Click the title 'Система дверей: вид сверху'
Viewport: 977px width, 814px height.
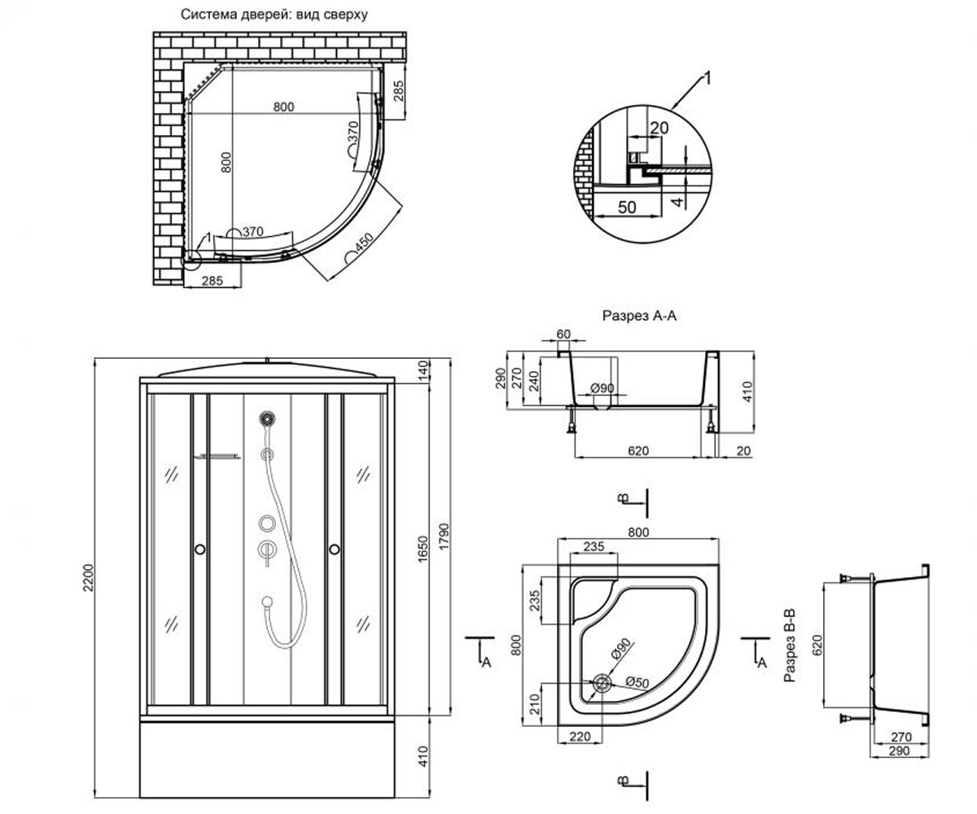[274, 15]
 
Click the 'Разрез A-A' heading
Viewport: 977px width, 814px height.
[639, 316]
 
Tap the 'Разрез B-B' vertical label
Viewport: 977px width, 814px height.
[790, 646]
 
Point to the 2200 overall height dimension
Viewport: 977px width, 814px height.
[89, 578]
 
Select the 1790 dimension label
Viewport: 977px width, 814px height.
[444, 536]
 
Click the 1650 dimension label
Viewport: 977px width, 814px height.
[423, 549]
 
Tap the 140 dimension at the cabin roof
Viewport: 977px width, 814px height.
[423, 370]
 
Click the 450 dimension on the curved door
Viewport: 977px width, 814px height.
[364, 243]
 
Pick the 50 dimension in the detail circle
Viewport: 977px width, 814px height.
[627, 208]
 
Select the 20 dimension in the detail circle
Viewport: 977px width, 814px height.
[659, 128]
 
